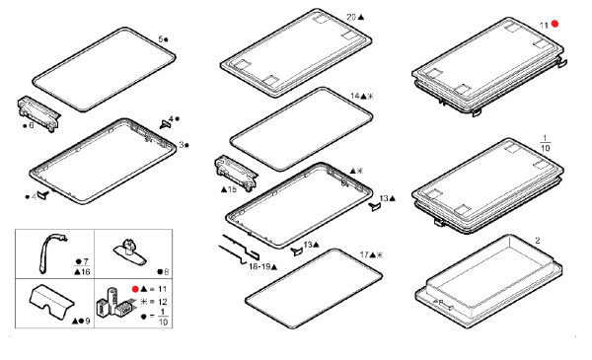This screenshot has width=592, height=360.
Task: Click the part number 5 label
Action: (161, 38)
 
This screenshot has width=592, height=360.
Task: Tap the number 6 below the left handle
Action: (32, 125)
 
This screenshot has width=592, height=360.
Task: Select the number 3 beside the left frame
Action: (182, 145)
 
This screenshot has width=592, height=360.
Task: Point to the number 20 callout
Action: (351, 17)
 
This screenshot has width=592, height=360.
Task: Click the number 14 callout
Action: (355, 96)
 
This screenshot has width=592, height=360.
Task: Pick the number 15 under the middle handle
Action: (232, 189)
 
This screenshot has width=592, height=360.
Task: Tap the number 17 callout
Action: (364, 255)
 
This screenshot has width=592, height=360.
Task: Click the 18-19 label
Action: (259, 266)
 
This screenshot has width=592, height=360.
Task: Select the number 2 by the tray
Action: (538, 241)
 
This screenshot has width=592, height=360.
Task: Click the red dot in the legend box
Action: (135, 289)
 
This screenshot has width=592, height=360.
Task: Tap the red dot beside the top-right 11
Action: (555, 24)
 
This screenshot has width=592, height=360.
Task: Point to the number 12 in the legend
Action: (163, 302)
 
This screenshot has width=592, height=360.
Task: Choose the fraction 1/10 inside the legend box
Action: (163, 317)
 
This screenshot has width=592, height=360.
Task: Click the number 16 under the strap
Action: (86, 271)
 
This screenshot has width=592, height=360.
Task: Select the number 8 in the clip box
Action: (166, 271)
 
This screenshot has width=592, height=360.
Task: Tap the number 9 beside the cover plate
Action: (88, 322)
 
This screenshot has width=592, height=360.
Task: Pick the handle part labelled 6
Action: (38, 113)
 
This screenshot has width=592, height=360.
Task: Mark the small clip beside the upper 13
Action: (375, 206)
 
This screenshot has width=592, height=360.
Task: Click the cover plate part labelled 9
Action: (51, 301)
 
